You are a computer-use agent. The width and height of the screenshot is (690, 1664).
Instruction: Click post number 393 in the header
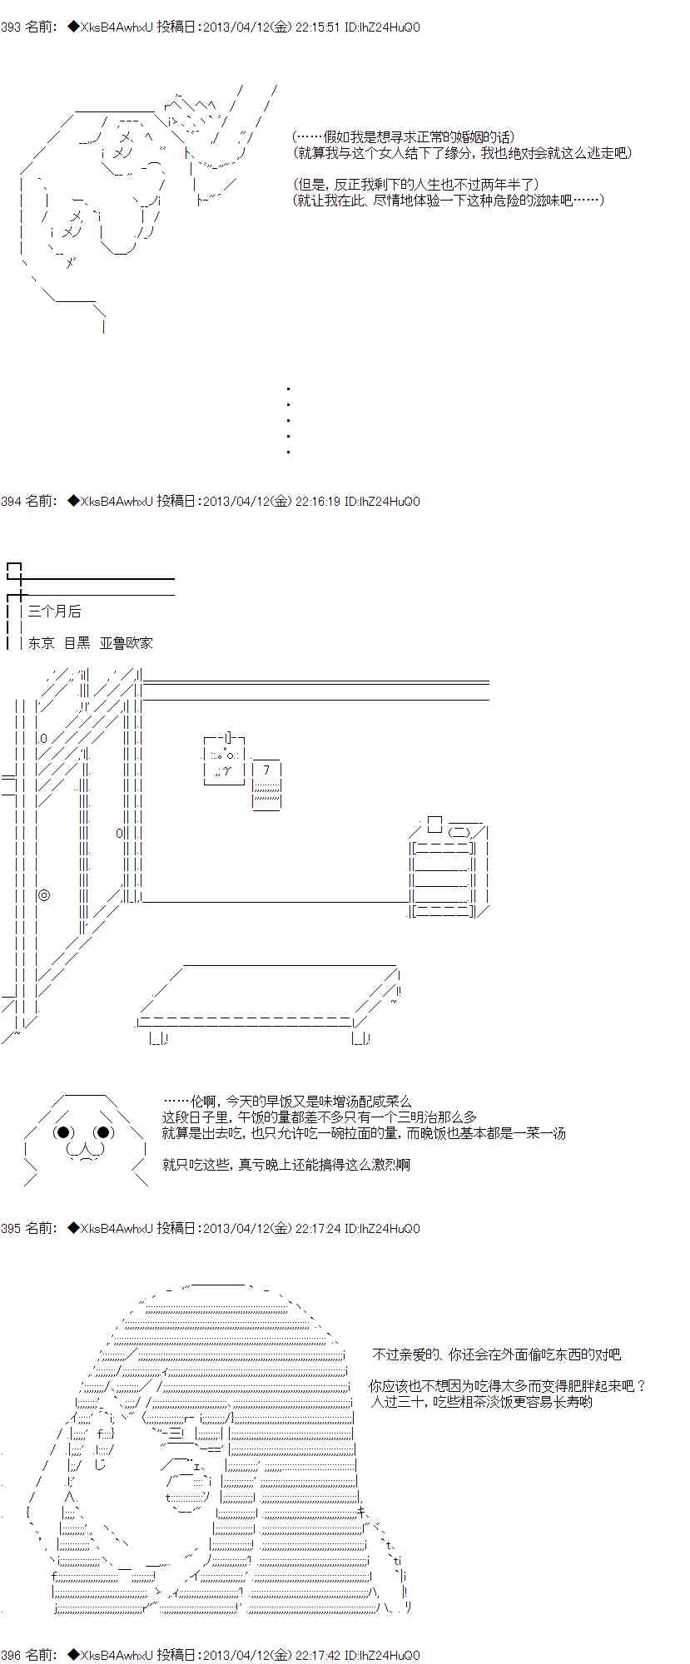tap(11, 27)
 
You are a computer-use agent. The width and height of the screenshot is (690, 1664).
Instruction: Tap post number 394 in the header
tap(11, 502)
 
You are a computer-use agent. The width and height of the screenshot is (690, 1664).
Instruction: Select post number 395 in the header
tap(11, 1228)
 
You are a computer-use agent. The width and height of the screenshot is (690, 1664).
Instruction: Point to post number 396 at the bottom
tap(11, 1655)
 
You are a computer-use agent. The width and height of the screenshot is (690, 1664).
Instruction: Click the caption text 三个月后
tap(55, 612)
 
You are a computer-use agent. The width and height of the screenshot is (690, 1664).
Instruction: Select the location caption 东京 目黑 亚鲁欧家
tap(91, 643)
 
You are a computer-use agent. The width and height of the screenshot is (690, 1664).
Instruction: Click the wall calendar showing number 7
tap(267, 785)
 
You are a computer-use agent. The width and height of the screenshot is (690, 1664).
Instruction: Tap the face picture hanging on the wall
tap(224, 760)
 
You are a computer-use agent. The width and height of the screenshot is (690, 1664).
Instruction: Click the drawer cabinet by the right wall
tap(449, 869)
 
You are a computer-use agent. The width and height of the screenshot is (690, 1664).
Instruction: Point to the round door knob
tap(44, 895)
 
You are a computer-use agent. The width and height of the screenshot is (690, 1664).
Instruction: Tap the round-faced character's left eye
tap(64, 1132)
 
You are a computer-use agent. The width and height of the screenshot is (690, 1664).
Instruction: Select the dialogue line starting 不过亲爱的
tap(496, 1354)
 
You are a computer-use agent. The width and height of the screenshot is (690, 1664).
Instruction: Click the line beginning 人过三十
tap(481, 1402)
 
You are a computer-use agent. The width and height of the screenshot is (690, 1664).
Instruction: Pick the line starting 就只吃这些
tap(286, 1165)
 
